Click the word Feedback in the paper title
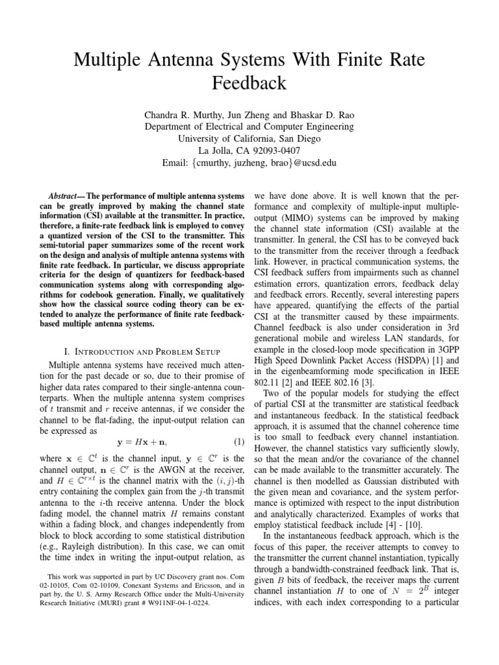pos(249,83)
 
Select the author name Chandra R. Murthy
pos(181,115)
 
